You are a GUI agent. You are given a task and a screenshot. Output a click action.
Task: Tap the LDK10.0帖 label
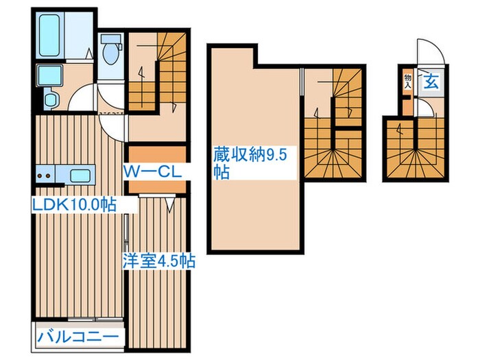(x=72, y=204)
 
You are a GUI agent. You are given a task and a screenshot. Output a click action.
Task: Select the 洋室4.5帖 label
(x=159, y=261)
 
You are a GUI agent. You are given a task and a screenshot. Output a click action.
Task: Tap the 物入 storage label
(x=407, y=82)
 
